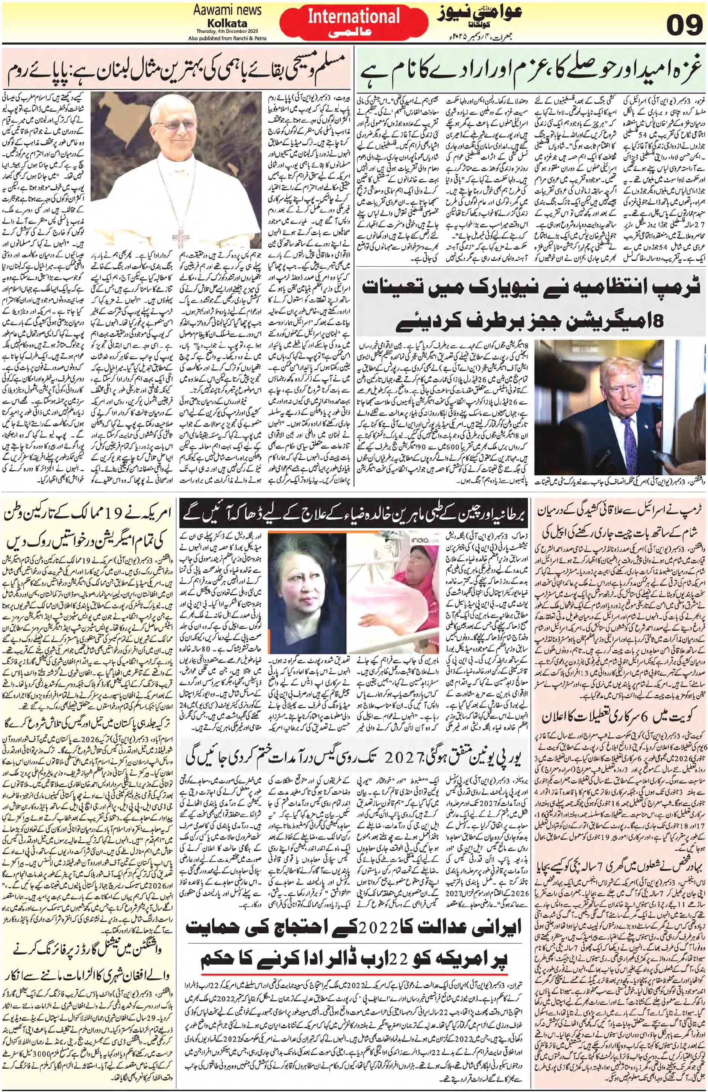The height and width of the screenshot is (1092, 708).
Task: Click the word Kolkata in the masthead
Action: (x=227, y=23)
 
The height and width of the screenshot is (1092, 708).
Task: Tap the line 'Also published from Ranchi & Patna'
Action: (x=227, y=38)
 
